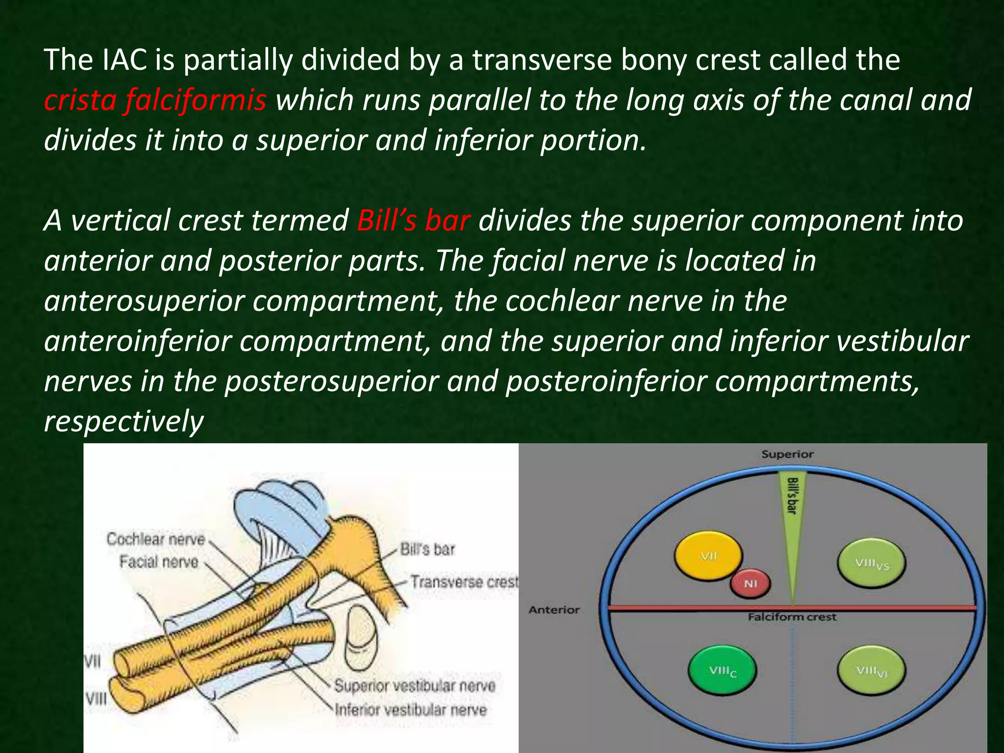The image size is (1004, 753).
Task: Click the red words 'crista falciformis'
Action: click(155, 100)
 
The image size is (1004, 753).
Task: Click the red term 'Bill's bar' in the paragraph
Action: click(413, 221)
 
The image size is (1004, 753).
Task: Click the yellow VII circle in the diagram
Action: click(708, 556)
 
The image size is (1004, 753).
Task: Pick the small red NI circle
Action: click(750, 583)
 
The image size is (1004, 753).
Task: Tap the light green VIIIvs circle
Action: click(871, 564)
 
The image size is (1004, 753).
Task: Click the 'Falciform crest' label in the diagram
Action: click(792, 617)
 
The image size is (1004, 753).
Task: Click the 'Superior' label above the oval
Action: click(787, 454)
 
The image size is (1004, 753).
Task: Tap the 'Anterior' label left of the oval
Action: click(554, 610)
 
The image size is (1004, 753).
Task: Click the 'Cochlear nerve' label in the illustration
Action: click(155, 539)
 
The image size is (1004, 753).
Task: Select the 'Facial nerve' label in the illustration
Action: click(158, 562)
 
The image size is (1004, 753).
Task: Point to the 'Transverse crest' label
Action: click(464, 582)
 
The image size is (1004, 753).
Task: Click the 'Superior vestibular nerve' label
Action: click(415, 686)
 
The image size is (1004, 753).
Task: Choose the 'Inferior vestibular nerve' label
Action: click(411, 710)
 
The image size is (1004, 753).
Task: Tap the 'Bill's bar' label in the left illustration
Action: click(427, 550)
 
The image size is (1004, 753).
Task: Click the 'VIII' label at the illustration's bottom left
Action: click(96, 698)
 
